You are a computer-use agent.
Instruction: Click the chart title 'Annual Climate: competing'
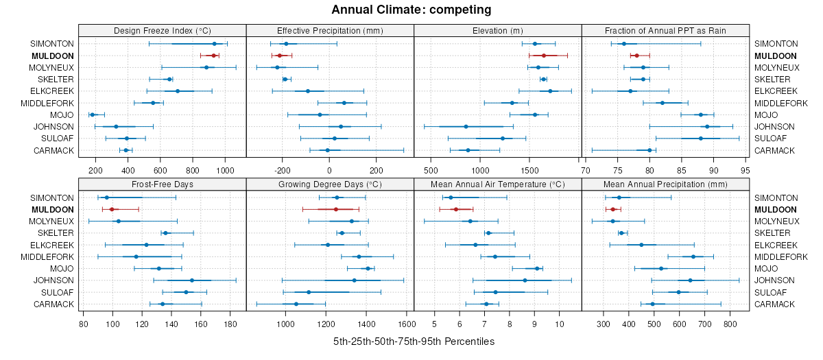[x=411, y=10]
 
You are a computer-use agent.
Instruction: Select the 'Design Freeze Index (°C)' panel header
[x=162, y=30]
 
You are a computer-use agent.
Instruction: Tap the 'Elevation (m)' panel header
[x=498, y=30]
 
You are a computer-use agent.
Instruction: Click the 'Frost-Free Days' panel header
[x=162, y=184]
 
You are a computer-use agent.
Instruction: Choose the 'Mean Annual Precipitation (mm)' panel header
[x=665, y=184]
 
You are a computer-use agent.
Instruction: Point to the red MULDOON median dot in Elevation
[x=544, y=56]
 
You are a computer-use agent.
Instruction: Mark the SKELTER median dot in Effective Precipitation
[x=285, y=79]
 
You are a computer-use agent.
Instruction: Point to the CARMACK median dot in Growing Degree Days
[x=296, y=304]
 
